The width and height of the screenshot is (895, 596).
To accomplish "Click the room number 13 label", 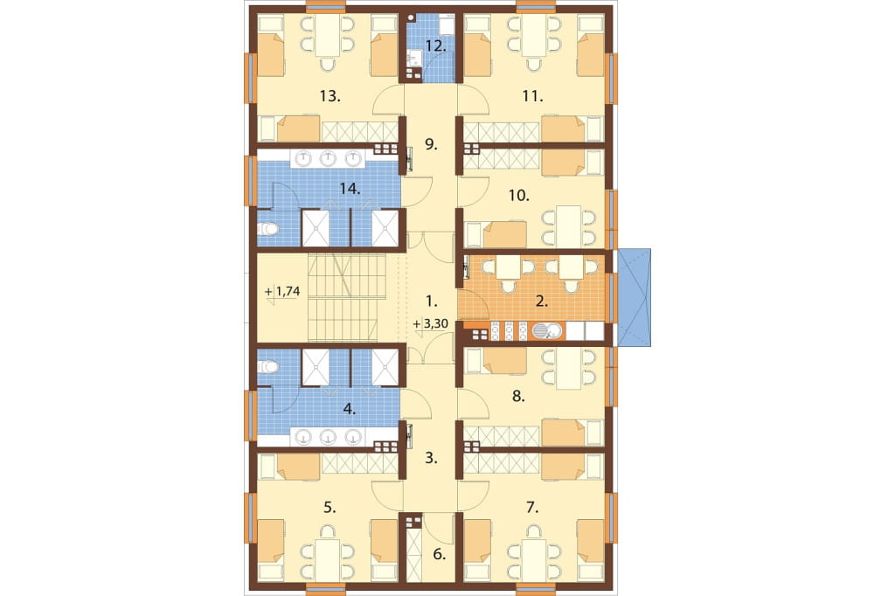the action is (330, 96).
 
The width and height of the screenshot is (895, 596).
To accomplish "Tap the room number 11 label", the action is (532, 96).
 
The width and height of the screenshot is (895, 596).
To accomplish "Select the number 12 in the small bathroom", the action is (435, 46).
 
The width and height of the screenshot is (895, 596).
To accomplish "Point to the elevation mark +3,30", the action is (431, 323).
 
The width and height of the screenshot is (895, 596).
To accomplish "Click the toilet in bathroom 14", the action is (267, 230).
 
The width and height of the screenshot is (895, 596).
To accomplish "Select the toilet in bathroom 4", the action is (267, 366).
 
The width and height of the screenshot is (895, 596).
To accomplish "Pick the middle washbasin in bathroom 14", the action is (327, 158).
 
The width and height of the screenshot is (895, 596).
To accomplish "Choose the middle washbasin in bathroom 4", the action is (327, 437).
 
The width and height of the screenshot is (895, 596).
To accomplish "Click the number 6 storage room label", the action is (439, 554).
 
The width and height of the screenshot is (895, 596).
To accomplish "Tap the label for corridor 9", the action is (432, 144).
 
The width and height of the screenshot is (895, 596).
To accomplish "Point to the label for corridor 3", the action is (432, 457).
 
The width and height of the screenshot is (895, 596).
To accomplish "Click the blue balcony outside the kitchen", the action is (635, 297).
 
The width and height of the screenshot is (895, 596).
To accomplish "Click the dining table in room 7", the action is (534, 560).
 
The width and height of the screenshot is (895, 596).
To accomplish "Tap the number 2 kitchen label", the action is (541, 301).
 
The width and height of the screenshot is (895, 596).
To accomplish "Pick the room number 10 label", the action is (519, 195).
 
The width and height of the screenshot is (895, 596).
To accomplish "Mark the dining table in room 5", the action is (328, 560).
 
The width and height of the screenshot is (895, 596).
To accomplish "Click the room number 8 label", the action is (518, 396).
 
